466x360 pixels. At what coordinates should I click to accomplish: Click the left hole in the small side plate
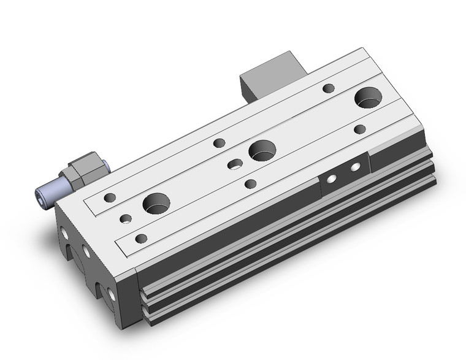(x=330, y=178)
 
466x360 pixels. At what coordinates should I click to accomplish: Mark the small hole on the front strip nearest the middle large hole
(x=250, y=183)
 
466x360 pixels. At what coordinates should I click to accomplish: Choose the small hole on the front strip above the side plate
(x=360, y=129)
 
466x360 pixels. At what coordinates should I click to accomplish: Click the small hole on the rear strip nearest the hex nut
(x=110, y=197)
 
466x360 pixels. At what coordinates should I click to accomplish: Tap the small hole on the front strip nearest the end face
(x=142, y=238)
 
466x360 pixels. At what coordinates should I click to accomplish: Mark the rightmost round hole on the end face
(x=112, y=296)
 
